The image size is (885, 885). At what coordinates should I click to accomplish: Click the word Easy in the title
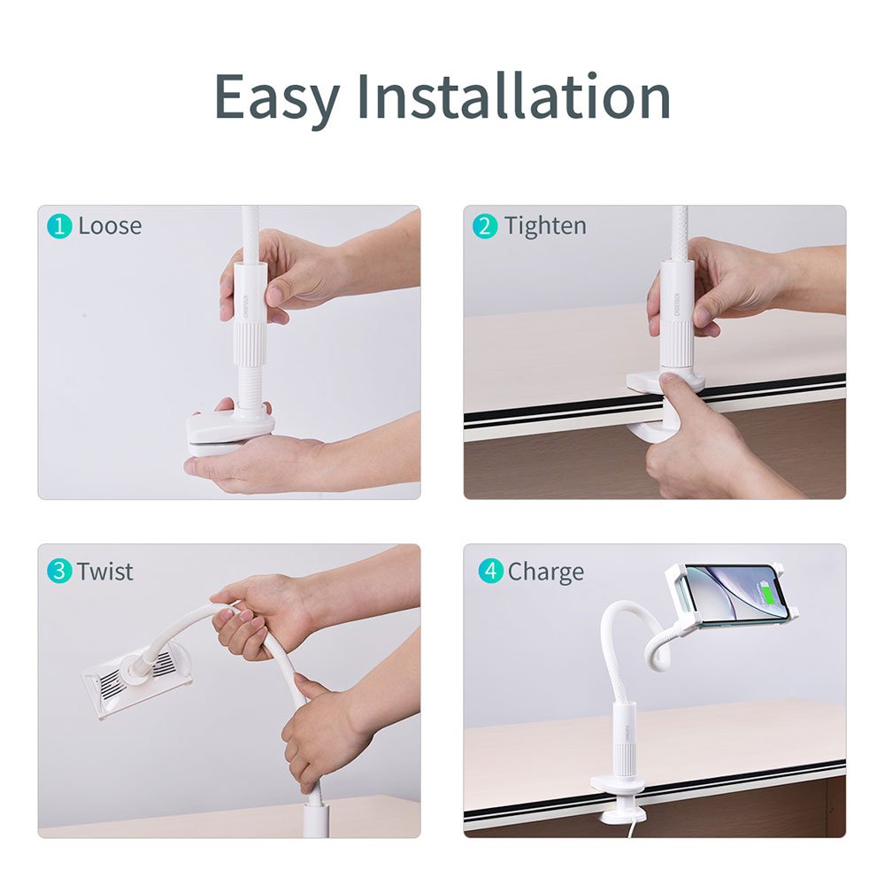coord(276,97)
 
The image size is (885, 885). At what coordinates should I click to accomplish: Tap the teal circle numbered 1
coord(59,227)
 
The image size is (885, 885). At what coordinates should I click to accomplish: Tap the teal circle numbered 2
coord(485,227)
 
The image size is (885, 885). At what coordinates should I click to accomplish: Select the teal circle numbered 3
coord(59,571)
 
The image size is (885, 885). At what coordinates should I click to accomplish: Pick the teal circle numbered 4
coord(490,571)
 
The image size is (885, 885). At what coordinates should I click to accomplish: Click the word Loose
coord(110,226)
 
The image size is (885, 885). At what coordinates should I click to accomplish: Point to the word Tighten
coord(545,227)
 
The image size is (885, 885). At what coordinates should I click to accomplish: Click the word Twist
coord(105,572)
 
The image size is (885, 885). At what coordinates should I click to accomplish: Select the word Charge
coord(546,573)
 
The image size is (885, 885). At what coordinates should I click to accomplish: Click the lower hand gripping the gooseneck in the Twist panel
coord(319,734)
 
